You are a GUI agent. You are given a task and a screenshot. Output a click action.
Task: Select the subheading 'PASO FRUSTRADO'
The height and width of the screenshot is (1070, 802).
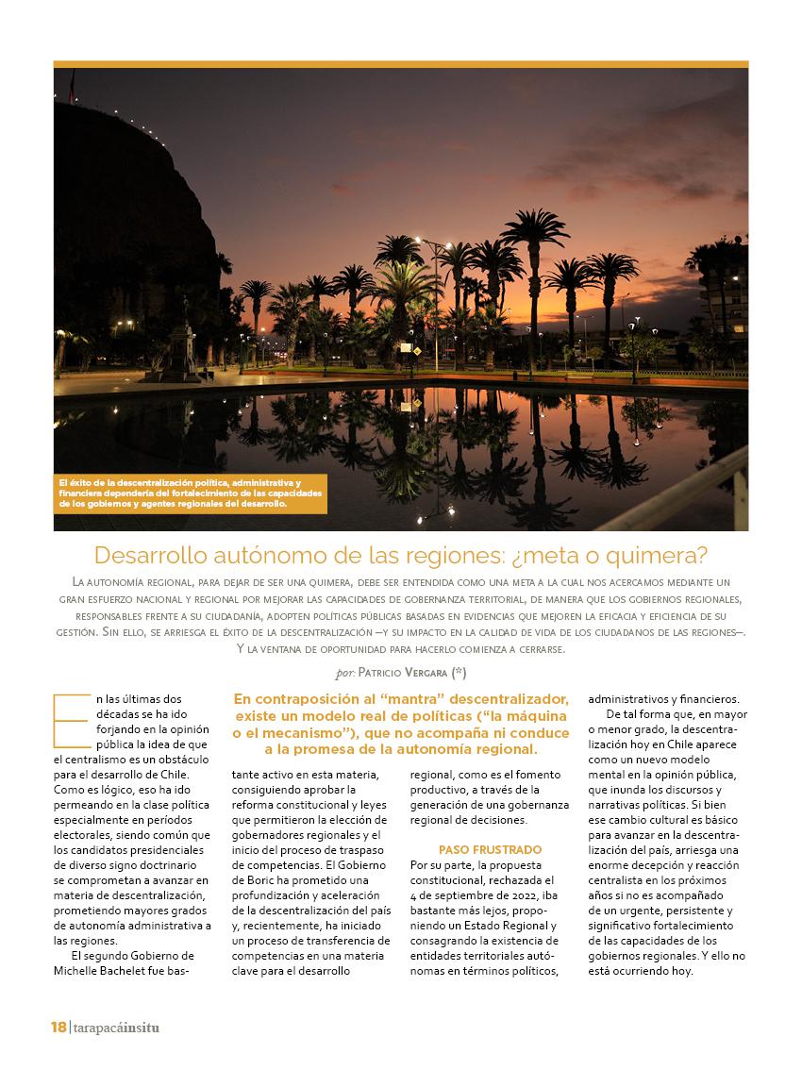490,849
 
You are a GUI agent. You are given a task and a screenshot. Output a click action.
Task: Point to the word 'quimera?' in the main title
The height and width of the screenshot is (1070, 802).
658,554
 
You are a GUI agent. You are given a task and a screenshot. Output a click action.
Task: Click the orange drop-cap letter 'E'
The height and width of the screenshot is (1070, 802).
69,719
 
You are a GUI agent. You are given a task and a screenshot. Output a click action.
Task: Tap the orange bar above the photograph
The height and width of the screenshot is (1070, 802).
400,64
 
